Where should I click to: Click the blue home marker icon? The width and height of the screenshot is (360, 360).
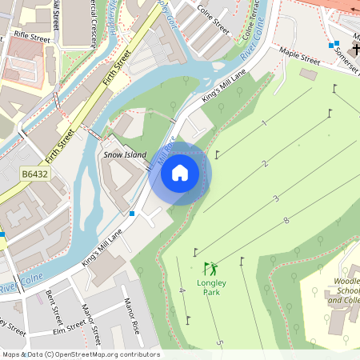click(180, 173)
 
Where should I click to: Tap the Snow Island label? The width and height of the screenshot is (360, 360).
click(125, 154)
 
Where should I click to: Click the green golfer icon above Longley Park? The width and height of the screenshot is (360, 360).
click(210, 269)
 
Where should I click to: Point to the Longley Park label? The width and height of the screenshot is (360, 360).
click(210, 287)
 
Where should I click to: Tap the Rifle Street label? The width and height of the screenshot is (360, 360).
click(32, 37)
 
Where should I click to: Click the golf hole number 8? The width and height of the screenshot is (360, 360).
click(286, 220)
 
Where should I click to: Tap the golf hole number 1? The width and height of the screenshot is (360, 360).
click(263, 123)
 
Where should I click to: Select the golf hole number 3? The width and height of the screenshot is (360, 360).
click(276, 198)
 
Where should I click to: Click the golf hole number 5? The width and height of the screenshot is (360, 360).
click(219, 343)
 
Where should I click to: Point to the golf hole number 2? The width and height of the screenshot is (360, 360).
click(265, 164)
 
